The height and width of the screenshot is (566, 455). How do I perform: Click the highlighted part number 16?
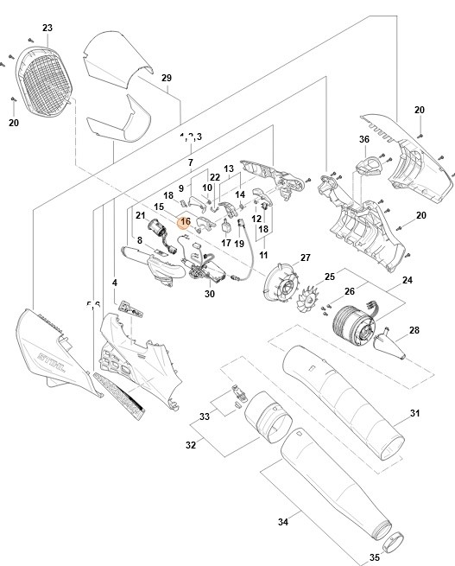tap(184, 222)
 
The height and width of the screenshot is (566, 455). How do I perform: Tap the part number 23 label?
tap(47, 29)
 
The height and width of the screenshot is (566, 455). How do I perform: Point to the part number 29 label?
tap(167, 79)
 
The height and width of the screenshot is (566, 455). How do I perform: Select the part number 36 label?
tap(363, 139)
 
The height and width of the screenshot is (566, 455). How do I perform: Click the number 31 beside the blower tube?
tap(414, 414)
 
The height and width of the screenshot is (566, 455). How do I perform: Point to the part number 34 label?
tap(282, 521)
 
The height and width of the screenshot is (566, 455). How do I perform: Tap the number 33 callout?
tap(203, 417)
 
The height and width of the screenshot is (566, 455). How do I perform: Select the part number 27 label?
tap(304, 258)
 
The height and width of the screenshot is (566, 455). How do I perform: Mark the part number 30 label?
tap(209, 294)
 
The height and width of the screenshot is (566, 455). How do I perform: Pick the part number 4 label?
tap(115, 283)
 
